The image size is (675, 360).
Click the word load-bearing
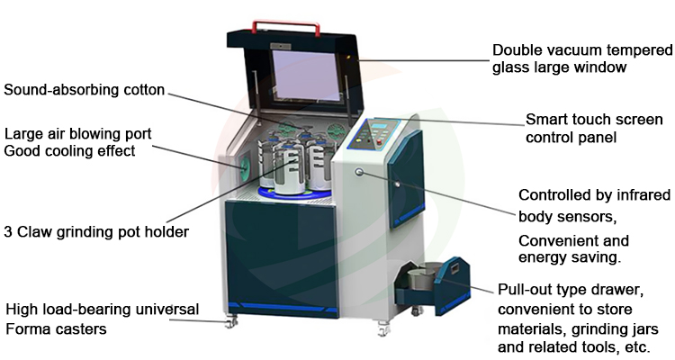pos(89,310)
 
